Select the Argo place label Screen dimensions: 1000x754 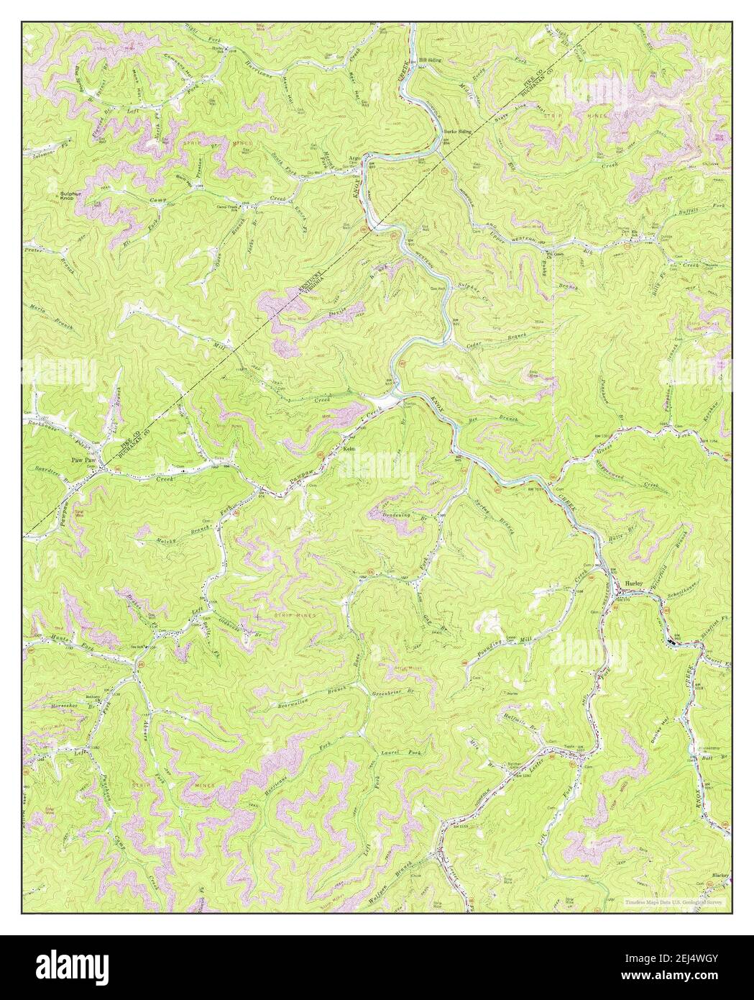point(354,156)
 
